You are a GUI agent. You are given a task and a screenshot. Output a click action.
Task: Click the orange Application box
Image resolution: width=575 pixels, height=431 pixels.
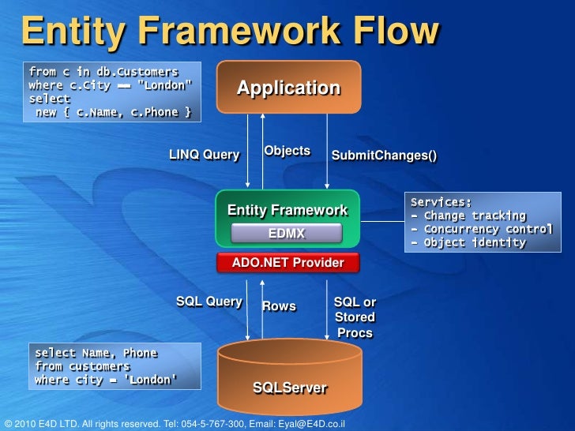coord(288,88)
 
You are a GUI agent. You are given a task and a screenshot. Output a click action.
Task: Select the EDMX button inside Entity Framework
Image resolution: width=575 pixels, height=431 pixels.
coord(286,233)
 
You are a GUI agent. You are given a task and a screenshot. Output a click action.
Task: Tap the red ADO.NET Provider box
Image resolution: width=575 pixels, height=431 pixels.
coord(287,262)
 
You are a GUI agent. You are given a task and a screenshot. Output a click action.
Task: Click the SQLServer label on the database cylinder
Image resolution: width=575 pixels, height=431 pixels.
coord(289,388)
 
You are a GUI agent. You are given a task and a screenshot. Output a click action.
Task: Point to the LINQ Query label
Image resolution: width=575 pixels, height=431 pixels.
coord(204,155)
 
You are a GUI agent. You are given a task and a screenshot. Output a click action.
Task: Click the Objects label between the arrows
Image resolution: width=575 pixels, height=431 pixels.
coord(287,151)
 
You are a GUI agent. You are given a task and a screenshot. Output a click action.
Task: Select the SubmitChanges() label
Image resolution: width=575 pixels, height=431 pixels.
coord(384,156)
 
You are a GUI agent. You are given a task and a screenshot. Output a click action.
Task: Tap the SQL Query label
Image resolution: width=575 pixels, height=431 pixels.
coord(209,302)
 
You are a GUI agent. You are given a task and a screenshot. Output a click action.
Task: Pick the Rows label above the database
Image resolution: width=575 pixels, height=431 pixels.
coord(279,305)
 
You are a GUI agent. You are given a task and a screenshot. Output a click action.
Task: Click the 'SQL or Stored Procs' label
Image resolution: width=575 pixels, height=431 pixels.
coord(355,317)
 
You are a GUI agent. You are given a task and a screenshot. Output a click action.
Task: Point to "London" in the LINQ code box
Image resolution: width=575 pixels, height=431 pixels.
coord(164,85)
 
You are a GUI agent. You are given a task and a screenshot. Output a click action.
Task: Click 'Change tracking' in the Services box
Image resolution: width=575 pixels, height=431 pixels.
coord(474,215)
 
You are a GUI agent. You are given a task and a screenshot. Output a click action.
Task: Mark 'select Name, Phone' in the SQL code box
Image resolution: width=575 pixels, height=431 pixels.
coord(96,353)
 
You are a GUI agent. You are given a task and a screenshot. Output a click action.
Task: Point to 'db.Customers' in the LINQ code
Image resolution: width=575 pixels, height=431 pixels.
coord(137,72)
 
